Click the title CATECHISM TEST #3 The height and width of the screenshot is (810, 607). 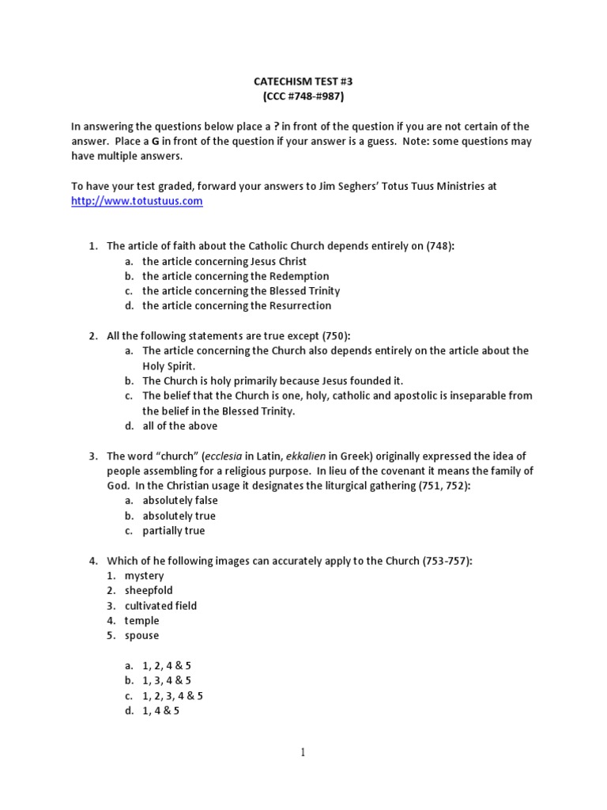tap(303, 81)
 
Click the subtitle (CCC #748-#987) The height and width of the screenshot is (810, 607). tap(303, 97)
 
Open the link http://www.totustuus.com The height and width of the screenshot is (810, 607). tap(137, 201)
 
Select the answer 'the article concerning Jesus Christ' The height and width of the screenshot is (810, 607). tap(224, 261)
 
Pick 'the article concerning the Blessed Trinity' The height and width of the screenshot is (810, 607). tap(242, 291)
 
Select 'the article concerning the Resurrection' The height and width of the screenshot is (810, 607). tap(236, 305)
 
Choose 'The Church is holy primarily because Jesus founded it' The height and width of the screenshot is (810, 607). tap(273, 380)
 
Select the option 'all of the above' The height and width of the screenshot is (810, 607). tap(180, 426)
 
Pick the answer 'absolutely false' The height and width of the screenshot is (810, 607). tap(180, 501)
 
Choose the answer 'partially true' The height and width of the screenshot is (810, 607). tap(173, 531)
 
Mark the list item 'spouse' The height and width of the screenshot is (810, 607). tap(141, 635)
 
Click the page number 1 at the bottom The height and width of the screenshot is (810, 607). tap(303, 753)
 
